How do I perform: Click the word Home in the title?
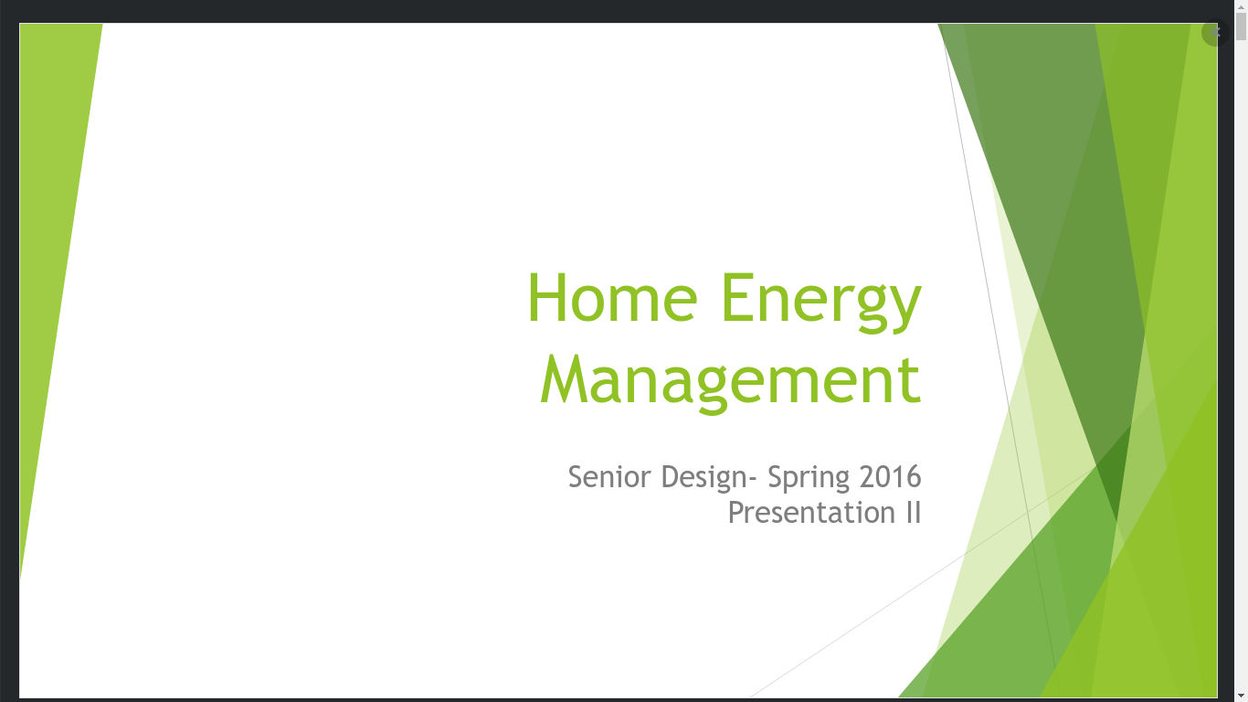tap(613, 297)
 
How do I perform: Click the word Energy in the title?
tap(821, 303)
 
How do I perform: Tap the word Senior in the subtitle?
tap(609, 477)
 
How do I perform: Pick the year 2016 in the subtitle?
tap(890, 477)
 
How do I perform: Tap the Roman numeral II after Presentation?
tap(913, 513)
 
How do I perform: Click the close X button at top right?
tap(1215, 32)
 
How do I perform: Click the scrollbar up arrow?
tap(1241, 6)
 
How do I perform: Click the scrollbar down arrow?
tap(1241, 696)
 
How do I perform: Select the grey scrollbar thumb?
tap(1241, 27)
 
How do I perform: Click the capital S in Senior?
tap(577, 477)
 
